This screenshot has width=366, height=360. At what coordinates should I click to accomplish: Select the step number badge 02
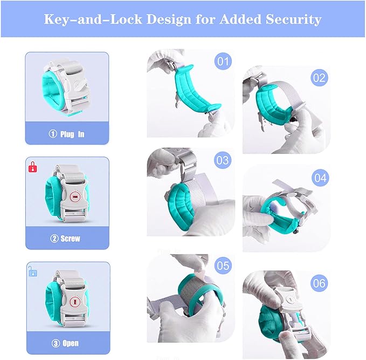pos(319,78)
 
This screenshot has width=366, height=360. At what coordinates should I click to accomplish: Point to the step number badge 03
pos(222,160)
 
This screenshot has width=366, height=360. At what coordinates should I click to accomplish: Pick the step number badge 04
pos(320,177)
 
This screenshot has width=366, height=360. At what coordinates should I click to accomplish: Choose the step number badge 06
pos(320,282)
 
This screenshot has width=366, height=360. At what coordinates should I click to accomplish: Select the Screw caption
pos(68,239)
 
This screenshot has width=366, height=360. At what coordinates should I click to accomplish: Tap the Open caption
pos(68,343)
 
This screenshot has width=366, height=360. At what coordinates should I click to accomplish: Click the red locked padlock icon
pos(32,165)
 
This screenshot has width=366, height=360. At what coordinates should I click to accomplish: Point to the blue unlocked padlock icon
pos(32,270)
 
